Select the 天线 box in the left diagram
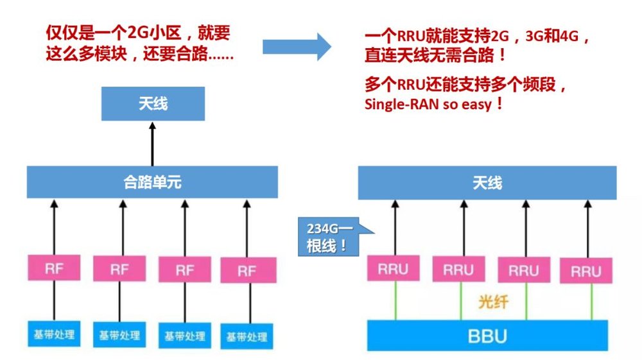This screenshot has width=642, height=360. (153, 103)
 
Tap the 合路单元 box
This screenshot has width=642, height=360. (152, 182)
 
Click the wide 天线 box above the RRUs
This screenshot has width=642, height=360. (487, 183)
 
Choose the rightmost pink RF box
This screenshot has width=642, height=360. (247, 271)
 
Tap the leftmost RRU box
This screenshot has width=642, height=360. (393, 268)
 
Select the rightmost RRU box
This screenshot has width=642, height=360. (586, 271)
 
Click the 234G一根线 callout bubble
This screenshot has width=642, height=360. (327, 235)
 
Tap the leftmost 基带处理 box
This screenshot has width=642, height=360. (54, 333)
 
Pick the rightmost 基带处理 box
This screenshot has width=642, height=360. (247, 336)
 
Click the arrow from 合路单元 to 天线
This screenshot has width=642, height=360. (153, 142)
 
